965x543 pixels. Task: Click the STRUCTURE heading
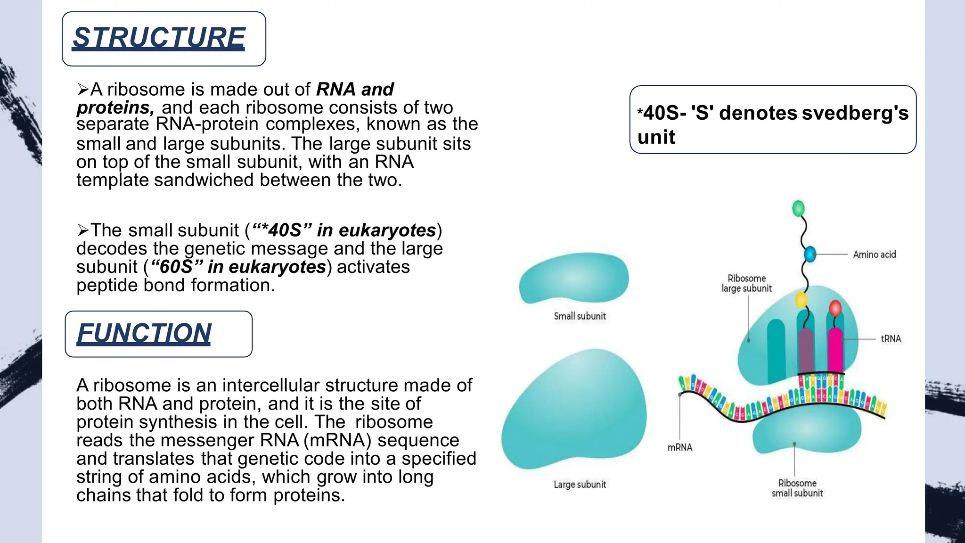click(x=159, y=38)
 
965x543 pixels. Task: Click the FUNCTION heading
click(x=144, y=333)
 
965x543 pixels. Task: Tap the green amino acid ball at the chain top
click(x=798, y=208)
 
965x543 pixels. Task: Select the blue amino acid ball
click(x=810, y=254)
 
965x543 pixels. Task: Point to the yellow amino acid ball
click(x=801, y=299)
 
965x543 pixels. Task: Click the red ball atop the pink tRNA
click(x=835, y=308)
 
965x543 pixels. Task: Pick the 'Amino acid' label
click(x=874, y=255)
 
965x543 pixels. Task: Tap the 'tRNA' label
click(x=891, y=338)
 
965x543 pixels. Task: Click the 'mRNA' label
click(x=679, y=447)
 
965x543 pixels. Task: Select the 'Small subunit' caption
click(x=580, y=316)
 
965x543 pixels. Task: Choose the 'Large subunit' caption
click(x=580, y=485)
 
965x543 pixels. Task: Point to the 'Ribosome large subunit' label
click(x=746, y=283)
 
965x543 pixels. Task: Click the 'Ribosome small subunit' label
click(x=797, y=488)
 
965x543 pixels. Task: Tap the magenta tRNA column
click(x=835, y=351)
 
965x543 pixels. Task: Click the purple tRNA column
click(x=805, y=351)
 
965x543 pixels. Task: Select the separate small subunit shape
click(x=574, y=279)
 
